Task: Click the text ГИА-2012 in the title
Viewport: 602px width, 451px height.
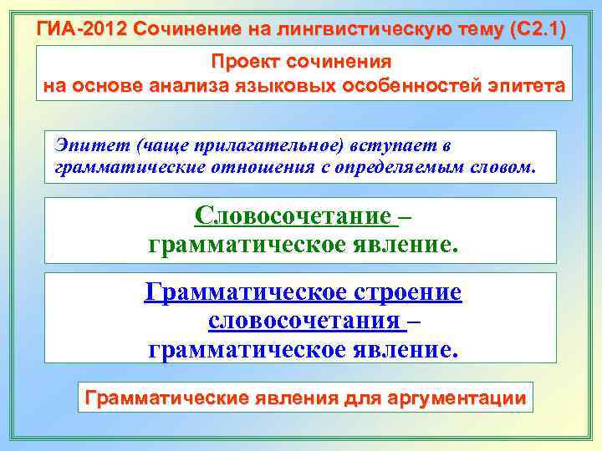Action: [x=81, y=30]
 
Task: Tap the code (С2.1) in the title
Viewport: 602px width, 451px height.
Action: [x=538, y=30]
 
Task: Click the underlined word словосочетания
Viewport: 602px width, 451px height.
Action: [x=303, y=321]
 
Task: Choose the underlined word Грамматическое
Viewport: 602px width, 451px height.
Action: [x=242, y=293]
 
